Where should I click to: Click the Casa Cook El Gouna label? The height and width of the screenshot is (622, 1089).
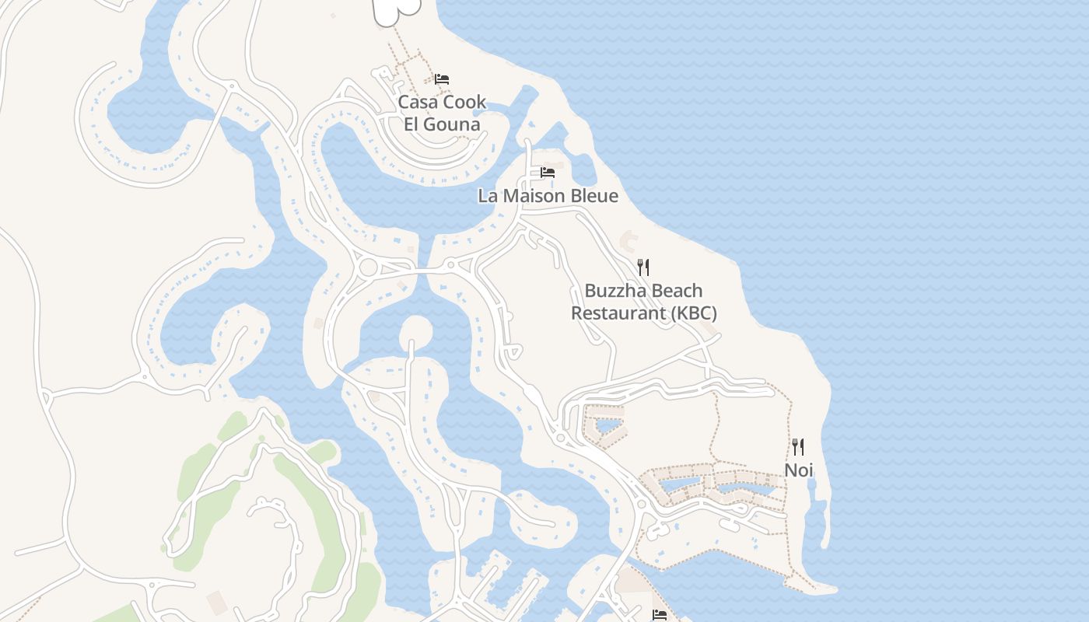click(442, 113)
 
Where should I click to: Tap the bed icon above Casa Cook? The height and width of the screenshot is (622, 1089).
click(442, 79)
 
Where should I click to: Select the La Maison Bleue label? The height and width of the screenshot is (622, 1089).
click(548, 196)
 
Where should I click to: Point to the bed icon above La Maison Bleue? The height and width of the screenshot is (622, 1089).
click(548, 172)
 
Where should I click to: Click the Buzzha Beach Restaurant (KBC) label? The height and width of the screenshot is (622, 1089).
click(643, 302)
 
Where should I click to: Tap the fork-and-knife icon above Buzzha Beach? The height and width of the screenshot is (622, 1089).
click(643, 267)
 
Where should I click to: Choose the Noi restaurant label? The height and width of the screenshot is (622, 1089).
click(798, 470)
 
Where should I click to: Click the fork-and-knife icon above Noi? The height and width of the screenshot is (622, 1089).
click(798, 446)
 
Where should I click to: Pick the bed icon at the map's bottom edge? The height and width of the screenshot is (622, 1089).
click(660, 615)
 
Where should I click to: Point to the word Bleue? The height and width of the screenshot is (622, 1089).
click(594, 196)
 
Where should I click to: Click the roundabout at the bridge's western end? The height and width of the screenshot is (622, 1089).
click(368, 268)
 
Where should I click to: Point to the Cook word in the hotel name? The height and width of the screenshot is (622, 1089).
click(465, 102)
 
